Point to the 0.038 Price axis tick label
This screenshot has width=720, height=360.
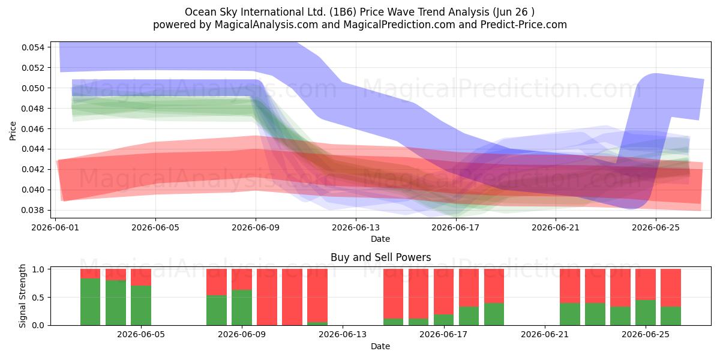(33, 210)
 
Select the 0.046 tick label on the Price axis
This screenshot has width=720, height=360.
(33, 129)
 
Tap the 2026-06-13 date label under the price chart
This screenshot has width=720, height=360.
(355, 227)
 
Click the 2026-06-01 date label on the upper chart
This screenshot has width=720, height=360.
(55, 227)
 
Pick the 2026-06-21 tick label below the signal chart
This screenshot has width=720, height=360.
(545, 334)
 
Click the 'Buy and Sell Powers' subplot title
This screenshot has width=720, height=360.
(380, 257)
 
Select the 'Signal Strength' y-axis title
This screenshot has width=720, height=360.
(22, 296)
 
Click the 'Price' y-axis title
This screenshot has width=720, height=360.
(13, 131)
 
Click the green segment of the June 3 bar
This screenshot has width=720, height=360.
(116, 303)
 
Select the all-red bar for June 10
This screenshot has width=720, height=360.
(267, 297)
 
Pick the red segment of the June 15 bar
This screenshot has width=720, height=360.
(394, 293)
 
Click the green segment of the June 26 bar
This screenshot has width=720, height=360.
(671, 316)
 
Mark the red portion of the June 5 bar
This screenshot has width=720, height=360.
(141, 277)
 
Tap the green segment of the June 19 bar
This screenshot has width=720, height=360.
(494, 314)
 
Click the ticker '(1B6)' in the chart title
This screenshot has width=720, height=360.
(343, 12)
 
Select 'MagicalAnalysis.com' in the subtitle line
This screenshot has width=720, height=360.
(266, 25)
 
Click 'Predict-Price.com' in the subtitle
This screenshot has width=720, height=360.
(524, 25)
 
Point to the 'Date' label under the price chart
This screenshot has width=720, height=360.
(380, 239)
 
